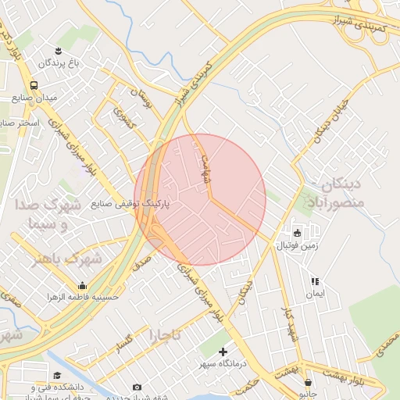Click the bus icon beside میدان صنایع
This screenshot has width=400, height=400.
coord(34,86)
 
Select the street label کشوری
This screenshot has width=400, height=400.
coord(124,120)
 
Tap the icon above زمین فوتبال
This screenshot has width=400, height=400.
coord(297,233)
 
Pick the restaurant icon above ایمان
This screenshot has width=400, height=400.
coord(315,281)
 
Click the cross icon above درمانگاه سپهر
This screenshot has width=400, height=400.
coord(223,352)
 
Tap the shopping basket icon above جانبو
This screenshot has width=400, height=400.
coord(309,383)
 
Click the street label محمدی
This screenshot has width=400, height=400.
coord(387,342)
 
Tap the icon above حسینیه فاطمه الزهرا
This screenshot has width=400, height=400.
coord(83,286)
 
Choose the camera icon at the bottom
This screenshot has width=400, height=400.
coord(137,387)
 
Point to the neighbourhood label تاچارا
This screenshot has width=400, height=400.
coord(165,334)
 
